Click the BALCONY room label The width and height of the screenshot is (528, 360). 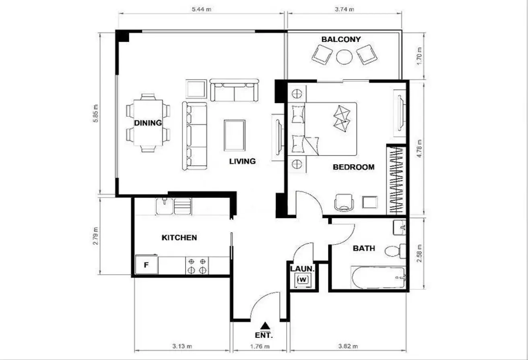pos(341,39)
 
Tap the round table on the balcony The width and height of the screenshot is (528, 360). pos(344,57)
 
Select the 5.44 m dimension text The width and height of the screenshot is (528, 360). pos(201,9)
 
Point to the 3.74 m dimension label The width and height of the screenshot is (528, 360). pos(344,9)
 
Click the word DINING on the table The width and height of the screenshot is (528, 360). pos(148,123)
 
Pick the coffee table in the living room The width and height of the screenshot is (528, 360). pos(235,135)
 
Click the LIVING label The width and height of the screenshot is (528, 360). pos(242,161)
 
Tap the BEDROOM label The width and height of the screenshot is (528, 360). pos(354,167)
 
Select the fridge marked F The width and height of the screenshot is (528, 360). pos(146,265)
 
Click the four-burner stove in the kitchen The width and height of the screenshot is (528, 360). pos(197,266)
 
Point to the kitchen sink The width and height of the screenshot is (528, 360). pos(173,207)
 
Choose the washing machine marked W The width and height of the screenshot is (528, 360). pos(303,280)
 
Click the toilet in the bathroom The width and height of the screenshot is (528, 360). pos(395,251)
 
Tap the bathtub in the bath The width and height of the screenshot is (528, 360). pos(378,278)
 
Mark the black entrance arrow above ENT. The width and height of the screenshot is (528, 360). pos(265,325)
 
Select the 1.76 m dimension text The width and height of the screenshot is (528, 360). pos(260,347)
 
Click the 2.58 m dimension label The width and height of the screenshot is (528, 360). pos(419,254)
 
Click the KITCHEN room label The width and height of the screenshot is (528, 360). pos(179,238)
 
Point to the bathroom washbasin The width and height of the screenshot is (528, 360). pos(400,228)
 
